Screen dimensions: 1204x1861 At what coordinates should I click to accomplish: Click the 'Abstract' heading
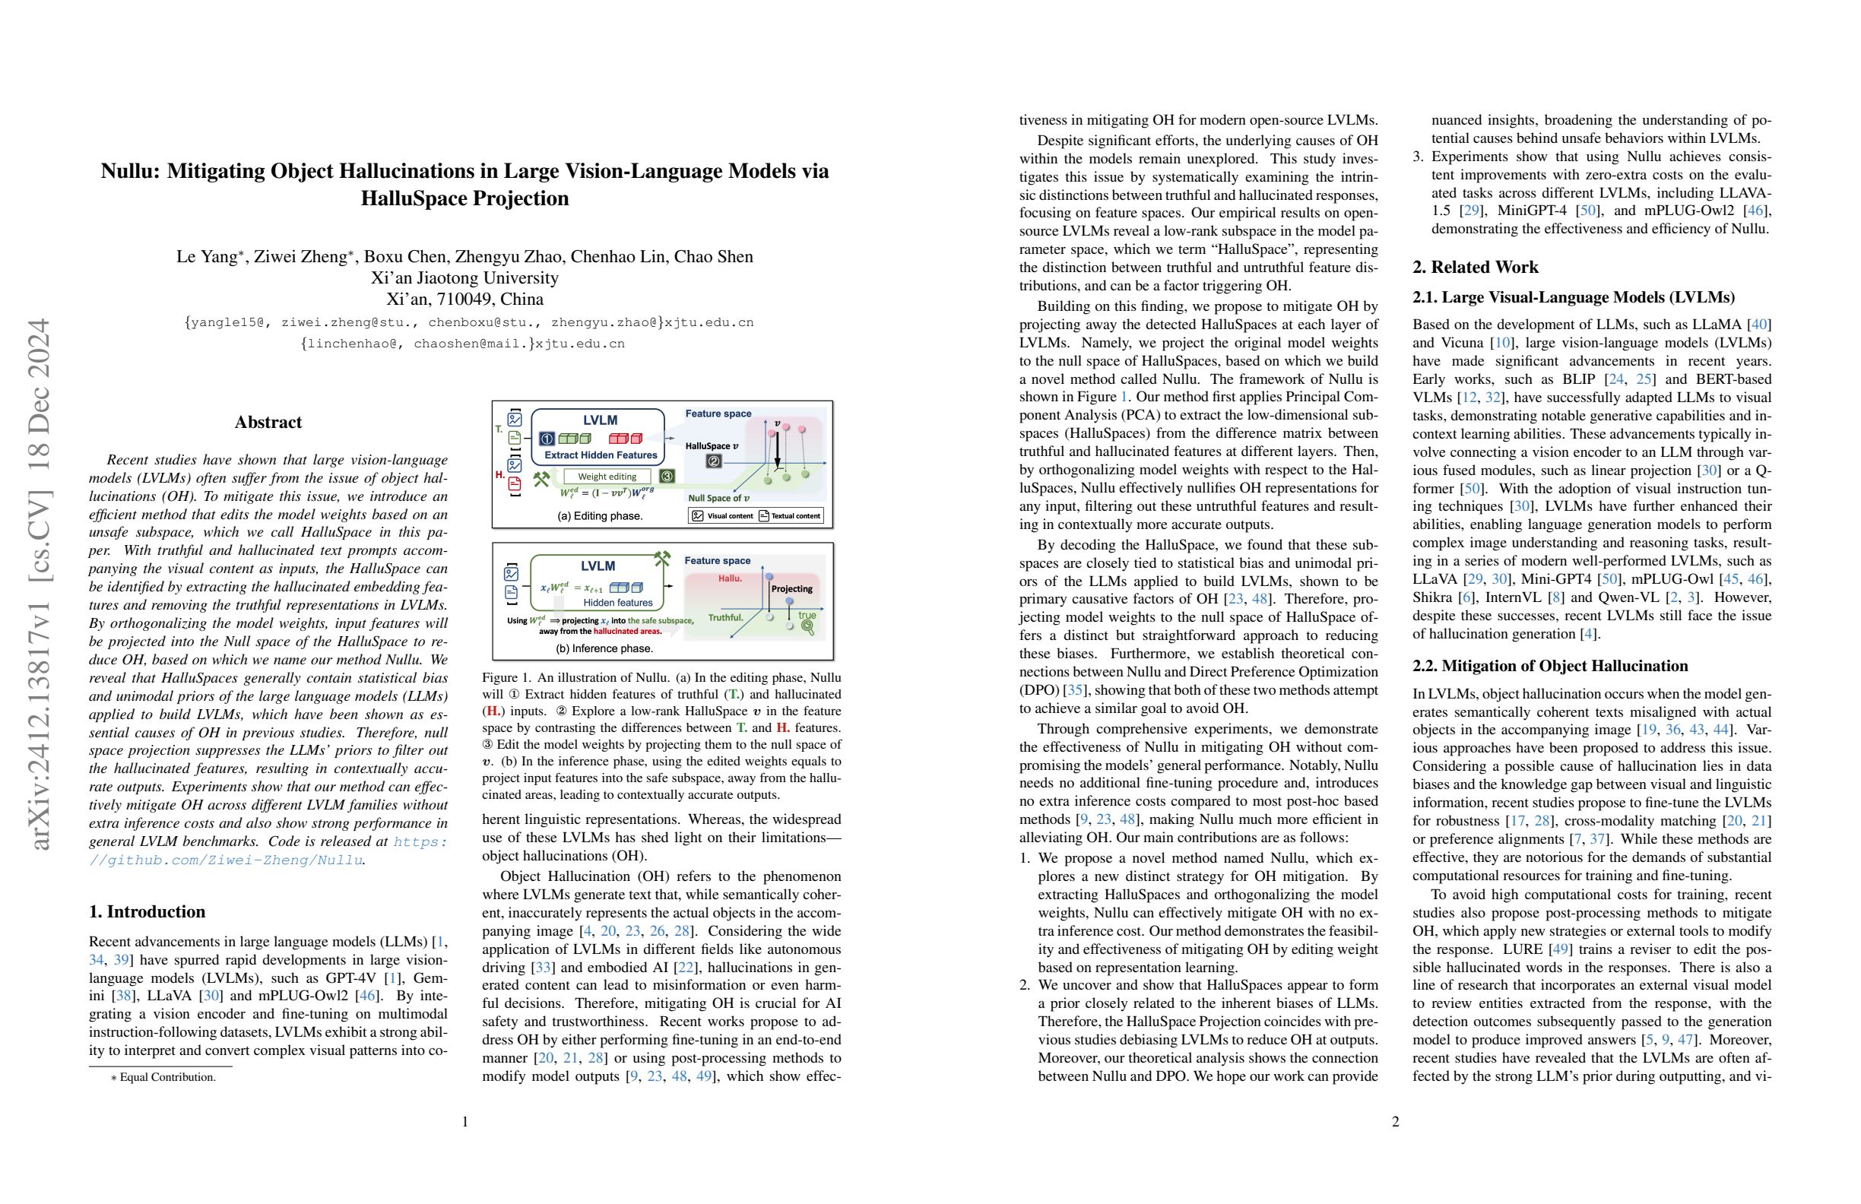268,422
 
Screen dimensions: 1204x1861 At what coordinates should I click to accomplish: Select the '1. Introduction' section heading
147,911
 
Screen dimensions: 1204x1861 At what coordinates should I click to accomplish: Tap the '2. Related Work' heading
1475,268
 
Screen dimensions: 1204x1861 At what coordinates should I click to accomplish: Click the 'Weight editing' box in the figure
607,476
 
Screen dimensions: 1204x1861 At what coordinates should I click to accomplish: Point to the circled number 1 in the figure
547,439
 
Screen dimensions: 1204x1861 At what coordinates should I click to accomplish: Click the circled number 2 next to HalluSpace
713,461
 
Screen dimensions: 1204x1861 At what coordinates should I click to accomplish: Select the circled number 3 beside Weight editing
666,475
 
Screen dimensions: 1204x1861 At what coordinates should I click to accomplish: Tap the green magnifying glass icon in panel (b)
807,627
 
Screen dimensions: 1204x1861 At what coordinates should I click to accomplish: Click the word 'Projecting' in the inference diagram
791,589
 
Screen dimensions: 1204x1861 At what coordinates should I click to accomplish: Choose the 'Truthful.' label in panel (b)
724,618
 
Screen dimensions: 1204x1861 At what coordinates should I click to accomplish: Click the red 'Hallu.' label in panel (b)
730,578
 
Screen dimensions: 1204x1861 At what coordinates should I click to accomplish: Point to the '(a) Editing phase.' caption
600,516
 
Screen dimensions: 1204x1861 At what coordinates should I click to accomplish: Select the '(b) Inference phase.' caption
604,648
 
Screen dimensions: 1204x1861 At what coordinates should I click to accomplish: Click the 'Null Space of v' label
718,498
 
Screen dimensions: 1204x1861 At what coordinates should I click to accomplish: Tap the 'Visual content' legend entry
722,516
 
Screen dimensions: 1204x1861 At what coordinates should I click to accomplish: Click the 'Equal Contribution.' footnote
166,1077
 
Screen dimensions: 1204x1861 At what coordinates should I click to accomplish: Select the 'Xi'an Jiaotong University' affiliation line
464,277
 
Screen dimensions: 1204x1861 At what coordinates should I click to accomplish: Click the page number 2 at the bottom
1395,1122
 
